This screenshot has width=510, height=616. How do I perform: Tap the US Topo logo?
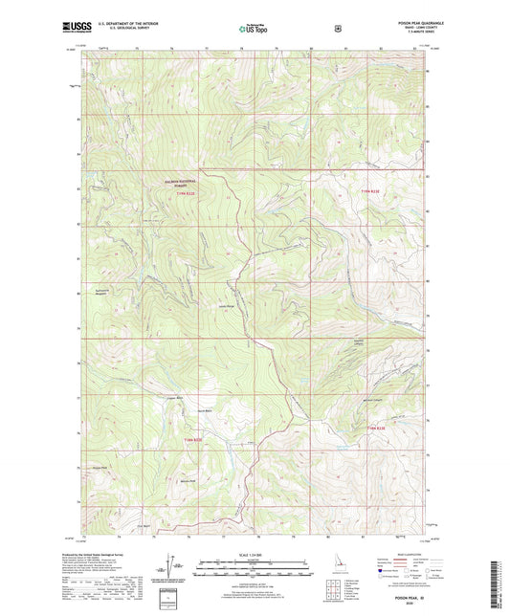pos(254,30)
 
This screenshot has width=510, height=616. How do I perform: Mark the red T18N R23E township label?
pos(380,428)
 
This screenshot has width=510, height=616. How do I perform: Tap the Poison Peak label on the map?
pos(99,468)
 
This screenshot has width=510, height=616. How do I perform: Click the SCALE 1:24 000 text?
pos(254,553)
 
